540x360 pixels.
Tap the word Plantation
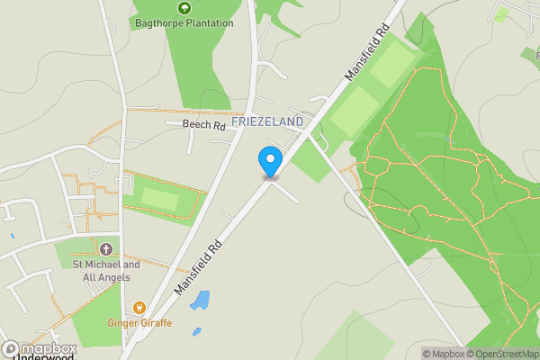point(210,23)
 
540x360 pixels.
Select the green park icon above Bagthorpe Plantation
point(184,8)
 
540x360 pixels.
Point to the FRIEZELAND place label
point(267,121)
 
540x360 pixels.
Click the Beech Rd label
point(203,126)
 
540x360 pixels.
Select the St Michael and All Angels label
point(106,271)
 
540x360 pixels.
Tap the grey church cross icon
point(106,248)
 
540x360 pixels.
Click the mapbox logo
point(38,349)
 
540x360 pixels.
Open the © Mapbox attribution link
point(443,354)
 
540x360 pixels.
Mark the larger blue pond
point(200,301)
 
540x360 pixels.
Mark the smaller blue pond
point(197,332)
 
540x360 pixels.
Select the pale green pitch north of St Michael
point(160,198)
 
